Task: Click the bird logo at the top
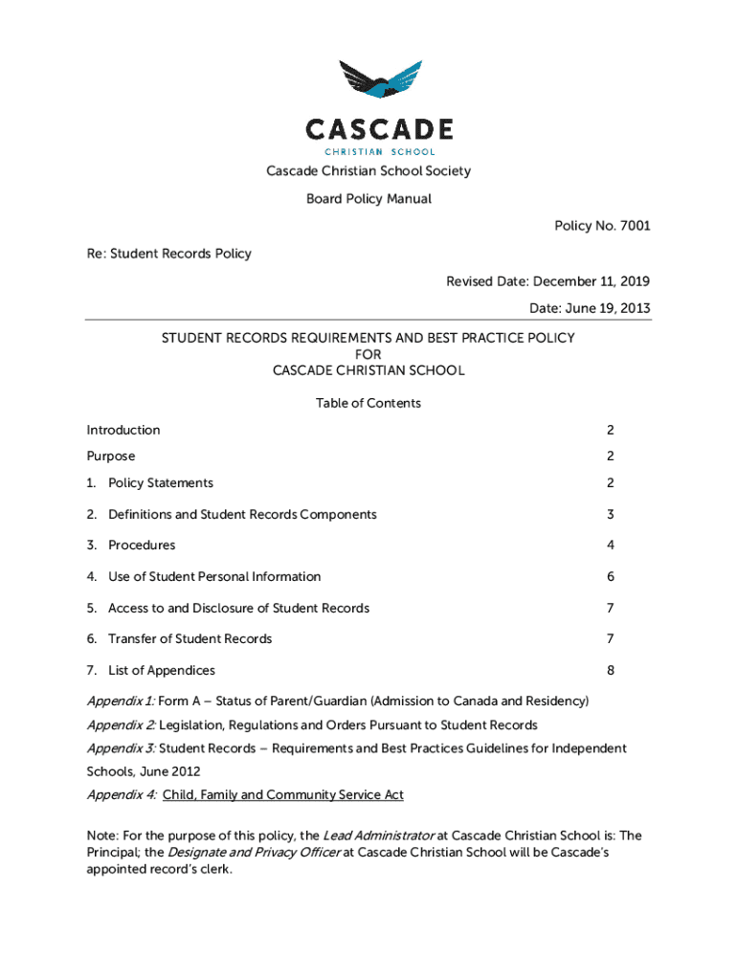point(380,84)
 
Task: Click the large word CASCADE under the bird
point(380,129)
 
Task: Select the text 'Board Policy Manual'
point(368,199)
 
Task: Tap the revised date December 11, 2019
point(592,281)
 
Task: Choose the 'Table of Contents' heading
point(368,403)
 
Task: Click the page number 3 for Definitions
point(610,515)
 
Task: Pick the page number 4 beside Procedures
point(610,546)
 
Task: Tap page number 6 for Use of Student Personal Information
point(610,577)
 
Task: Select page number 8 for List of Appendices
point(610,671)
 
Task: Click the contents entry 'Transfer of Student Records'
point(190,639)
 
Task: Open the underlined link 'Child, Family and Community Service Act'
point(283,795)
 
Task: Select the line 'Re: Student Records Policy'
point(169,254)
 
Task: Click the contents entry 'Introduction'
point(123,431)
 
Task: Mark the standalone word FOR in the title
point(368,354)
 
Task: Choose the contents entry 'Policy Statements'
point(161,483)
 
